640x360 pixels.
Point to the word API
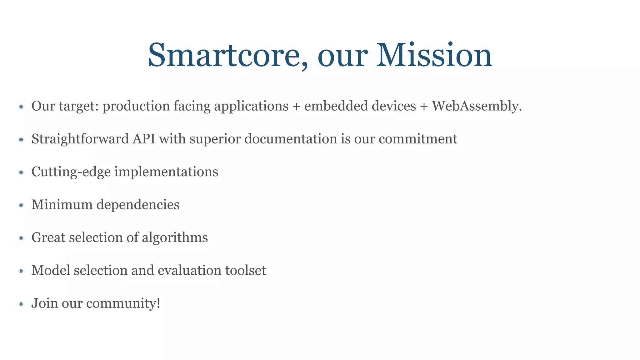click(144, 139)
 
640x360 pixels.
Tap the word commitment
click(418, 139)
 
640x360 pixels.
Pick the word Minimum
click(62, 205)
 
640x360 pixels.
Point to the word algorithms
click(175, 238)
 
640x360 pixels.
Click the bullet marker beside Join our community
click(21, 304)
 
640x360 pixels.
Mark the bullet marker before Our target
click(21, 107)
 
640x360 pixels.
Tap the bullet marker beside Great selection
click(21, 238)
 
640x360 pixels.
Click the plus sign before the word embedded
click(296, 107)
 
